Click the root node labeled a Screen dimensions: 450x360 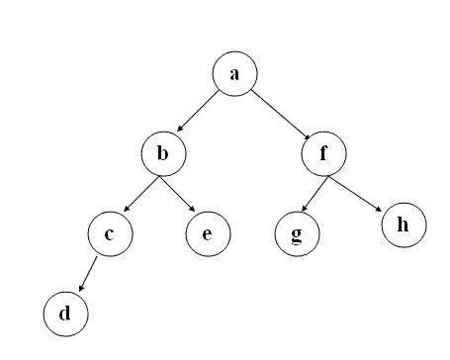coord(234,74)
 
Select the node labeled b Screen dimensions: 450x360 coord(163,153)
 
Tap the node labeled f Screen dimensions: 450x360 coord(323,153)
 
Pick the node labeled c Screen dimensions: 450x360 coord(110,233)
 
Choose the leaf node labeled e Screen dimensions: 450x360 coord(208,233)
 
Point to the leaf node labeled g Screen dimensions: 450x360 coord(297,235)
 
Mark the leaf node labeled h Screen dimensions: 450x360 coord(403,224)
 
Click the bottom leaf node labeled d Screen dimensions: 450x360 coord(65,315)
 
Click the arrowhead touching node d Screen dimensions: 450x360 coord(80,290)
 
